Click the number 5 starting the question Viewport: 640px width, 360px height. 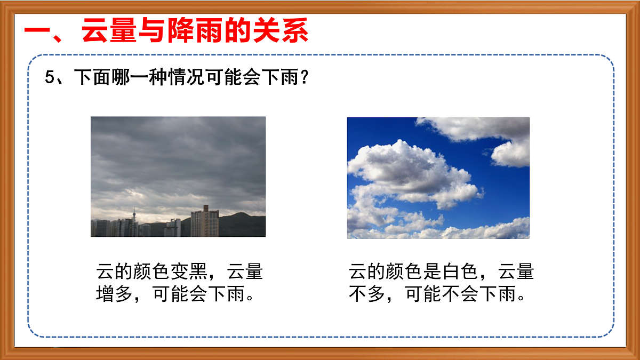coord(50,77)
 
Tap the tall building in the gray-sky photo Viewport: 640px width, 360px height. coord(205,221)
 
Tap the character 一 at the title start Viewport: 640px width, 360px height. coord(40,32)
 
